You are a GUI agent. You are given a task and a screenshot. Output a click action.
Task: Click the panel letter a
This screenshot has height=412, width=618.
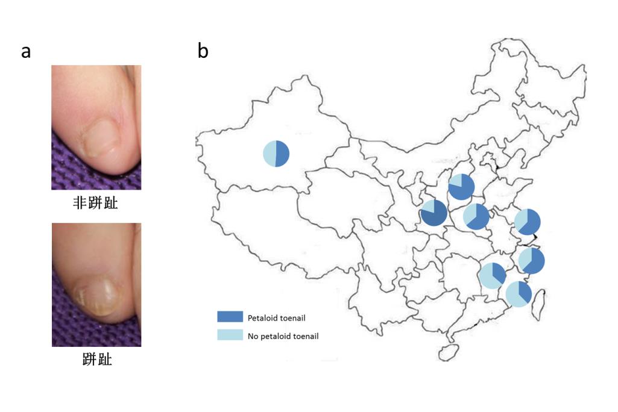click(26, 52)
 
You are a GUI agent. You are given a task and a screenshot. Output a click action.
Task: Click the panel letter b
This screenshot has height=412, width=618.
click(203, 51)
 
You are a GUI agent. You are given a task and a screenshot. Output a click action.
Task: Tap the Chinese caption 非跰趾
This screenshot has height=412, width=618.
click(95, 203)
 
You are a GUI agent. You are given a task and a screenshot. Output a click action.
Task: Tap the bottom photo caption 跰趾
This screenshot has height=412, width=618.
click(97, 359)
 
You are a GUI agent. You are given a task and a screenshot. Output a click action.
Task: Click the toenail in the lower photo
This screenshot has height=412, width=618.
click(96, 297)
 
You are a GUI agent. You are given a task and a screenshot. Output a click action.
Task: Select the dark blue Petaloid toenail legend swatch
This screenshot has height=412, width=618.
click(230, 317)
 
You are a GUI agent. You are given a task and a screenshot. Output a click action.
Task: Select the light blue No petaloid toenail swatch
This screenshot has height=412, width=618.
click(230, 335)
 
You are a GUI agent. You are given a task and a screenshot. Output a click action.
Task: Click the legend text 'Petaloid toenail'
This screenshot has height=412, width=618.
click(276, 318)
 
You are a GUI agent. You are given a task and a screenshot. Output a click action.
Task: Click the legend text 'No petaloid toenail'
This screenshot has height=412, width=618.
click(283, 336)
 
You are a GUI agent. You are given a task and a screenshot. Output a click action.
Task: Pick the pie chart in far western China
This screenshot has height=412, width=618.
click(276, 154)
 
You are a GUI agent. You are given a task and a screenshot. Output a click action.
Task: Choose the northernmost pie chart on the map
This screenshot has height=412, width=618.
click(461, 187)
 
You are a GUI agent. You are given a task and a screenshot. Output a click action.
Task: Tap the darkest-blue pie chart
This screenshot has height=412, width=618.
click(434, 213)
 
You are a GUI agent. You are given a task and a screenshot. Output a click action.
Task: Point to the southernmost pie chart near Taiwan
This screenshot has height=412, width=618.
click(519, 294)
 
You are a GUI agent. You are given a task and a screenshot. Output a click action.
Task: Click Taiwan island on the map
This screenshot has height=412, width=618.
click(539, 304)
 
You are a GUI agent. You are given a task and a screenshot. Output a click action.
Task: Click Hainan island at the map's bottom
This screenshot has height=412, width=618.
click(449, 352)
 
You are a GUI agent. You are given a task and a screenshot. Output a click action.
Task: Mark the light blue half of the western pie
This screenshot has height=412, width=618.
click(270, 154)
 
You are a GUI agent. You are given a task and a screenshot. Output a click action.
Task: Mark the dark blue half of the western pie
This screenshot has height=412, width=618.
click(283, 154)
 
